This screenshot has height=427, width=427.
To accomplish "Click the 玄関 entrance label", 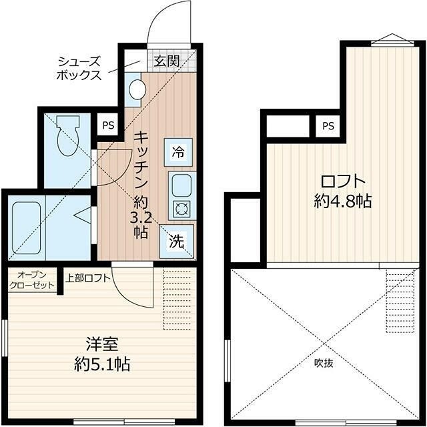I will point(167,61).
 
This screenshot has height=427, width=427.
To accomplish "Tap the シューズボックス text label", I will point(79,67).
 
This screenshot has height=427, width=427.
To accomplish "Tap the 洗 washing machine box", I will point(177,242).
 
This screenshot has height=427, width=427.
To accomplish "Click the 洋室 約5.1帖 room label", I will point(101,354).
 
